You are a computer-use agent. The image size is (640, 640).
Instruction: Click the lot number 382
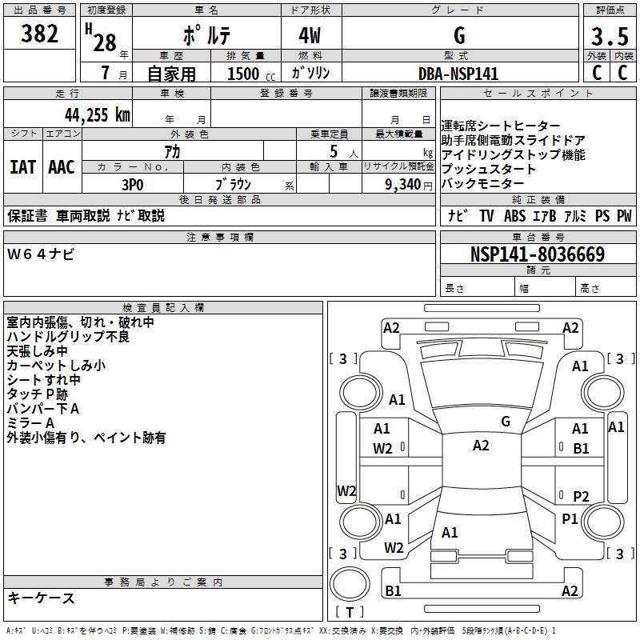tap(40, 34)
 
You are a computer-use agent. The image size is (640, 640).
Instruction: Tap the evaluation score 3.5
tap(608, 38)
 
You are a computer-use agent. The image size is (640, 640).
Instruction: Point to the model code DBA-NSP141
tap(458, 74)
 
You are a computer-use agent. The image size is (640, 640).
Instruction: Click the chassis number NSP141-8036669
tap(537, 255)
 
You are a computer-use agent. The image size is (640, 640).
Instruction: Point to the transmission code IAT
tap(23, 167)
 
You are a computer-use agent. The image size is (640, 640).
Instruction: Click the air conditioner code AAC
tap(62, 167)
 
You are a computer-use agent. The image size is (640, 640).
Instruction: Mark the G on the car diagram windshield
tap(506, 422)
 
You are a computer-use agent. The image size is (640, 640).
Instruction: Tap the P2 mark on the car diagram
tap(581, 496)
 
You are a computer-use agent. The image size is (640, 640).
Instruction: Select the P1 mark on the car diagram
tap(570, 519)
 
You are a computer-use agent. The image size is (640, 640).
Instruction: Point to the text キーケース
tap(42, 598)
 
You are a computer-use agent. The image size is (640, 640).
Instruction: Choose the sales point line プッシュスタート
tap(489, 170)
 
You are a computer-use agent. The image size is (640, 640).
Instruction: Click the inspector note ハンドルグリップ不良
tap(68, 337)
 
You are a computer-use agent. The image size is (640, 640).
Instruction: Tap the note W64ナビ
tap(41, 254)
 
